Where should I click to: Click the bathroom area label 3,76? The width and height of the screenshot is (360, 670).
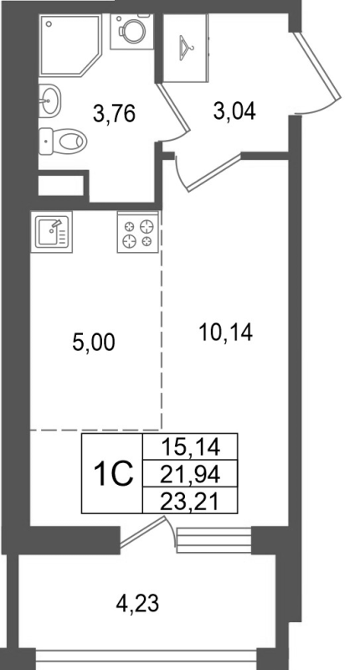point(116,111)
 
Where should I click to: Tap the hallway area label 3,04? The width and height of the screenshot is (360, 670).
point(235,111)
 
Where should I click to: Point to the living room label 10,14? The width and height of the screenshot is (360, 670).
point(226,332)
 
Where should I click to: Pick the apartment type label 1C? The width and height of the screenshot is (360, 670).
point(111,475)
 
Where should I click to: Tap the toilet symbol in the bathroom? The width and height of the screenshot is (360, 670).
point(63,139)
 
